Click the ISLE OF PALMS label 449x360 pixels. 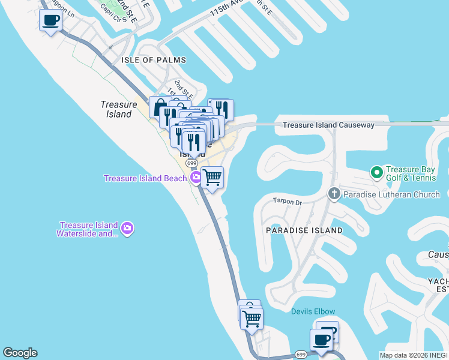pos(154,60)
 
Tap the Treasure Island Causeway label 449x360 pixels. pos(328,125)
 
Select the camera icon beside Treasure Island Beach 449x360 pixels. pos(196,178)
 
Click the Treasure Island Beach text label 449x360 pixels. pos(146,178)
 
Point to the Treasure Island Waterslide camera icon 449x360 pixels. pos(127,228)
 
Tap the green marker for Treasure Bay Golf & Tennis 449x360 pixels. pos(377,173)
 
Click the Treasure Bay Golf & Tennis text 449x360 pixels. pos(414,173)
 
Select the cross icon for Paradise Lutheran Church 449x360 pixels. pos(334,194)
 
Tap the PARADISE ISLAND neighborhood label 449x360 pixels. pos(304,230)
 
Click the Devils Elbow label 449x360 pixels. pos(313,311)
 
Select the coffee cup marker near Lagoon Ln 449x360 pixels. pos(50,21)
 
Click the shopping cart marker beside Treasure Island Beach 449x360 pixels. pos(212,178)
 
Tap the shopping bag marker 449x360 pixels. pos(160,108)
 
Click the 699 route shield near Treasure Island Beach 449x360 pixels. pos(191,163)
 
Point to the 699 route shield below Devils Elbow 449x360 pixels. pos(301,355)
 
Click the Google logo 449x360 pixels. pos(20,353)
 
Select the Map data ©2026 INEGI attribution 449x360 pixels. pos(414,355)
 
